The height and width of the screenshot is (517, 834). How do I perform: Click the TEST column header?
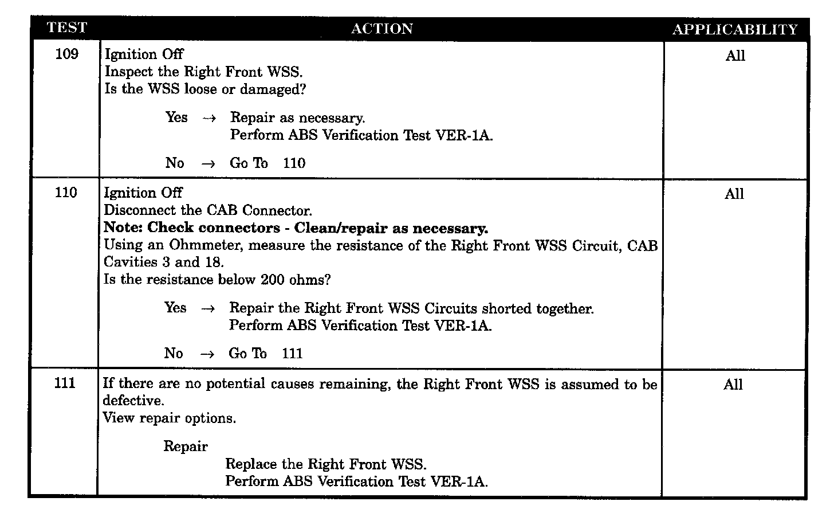coord(66,28)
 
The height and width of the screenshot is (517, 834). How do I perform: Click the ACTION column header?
coord(381,29)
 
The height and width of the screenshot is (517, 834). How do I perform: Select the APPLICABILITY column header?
coord(735,29)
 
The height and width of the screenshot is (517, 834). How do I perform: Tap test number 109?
coord(66,54)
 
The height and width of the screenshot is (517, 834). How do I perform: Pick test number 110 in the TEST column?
coord(66,193)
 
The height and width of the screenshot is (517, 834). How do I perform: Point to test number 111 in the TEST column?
coord(65,383)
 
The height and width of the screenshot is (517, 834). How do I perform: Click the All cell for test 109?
coord(735,56)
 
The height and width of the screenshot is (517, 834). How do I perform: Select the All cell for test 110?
coord(734,194)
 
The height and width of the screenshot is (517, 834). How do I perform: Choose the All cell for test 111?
coord(733,385)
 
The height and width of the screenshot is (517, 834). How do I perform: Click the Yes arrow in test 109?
coord(209,118)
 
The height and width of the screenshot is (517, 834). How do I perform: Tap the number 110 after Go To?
coord(294,163)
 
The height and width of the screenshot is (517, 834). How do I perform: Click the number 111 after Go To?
coord(292,354)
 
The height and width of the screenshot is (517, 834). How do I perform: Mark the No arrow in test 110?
coord(207,354)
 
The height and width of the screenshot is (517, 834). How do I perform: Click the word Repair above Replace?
coord(186,446)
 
